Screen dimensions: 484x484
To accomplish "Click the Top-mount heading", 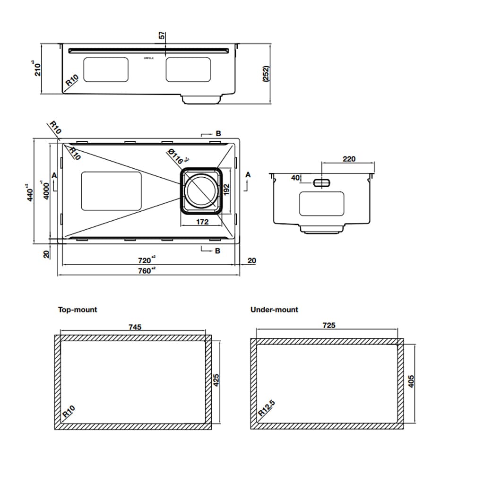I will pos(78,310).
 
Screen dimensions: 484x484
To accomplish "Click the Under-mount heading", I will pos(274,310).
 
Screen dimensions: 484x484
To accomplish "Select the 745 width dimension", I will pos(135,327).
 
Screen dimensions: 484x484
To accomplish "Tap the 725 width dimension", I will pos(328,325).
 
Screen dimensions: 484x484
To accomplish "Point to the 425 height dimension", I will pos(217,381).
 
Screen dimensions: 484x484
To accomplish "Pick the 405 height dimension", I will pos(411,381).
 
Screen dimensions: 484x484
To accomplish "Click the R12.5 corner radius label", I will pos(267,408).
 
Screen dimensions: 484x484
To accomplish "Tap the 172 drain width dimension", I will pos(202,222).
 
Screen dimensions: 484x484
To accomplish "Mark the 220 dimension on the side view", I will pos(349,159).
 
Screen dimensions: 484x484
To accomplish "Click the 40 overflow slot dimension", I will pos(295,178).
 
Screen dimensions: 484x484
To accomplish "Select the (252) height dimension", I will pos(266,74).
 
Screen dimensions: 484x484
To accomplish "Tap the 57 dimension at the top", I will pos(162,36).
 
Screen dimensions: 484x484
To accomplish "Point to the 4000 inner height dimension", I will pos(46,191).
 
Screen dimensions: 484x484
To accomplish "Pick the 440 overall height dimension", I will pos(30,193).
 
